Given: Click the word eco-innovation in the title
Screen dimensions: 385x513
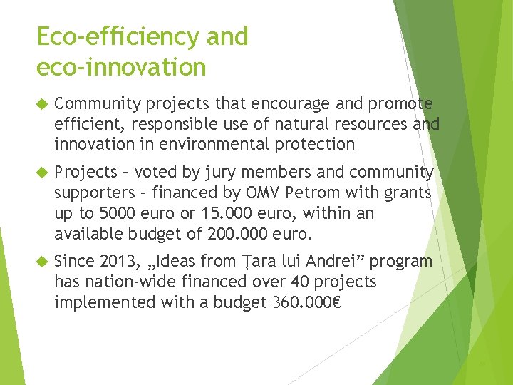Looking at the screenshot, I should [x=121, y=67].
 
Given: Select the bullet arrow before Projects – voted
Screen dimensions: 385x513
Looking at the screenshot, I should [x=41, y=173].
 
